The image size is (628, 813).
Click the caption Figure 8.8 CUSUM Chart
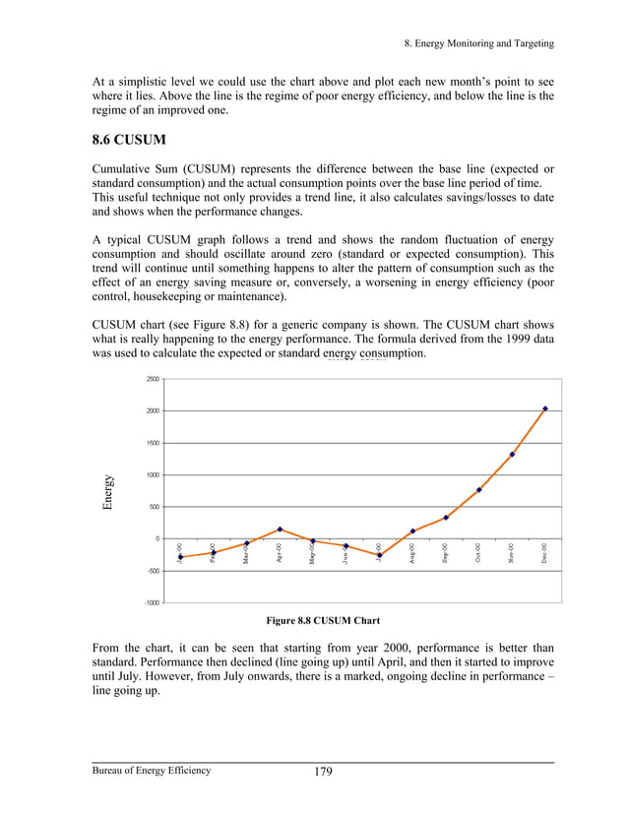click(323, 620)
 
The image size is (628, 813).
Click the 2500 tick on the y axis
click(153, 379)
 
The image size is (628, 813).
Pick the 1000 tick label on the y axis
click(153, 474)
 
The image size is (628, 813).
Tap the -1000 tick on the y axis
click(152, 602)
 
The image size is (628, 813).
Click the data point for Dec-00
click(545, 408)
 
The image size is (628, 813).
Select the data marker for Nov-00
click(512, 455)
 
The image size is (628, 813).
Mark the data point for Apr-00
click(280, 530)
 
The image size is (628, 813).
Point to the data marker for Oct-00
click(478, 490)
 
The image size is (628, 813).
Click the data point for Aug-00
click(412, 532)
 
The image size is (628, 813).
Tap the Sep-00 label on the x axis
click(446, 553)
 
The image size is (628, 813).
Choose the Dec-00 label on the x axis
click(545, 553)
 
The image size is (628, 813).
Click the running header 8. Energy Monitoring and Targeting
click(479, 43)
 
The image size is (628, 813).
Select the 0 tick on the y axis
click(156, 538)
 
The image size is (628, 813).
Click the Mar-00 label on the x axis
click(246, 555)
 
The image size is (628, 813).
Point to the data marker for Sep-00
click(446, 518)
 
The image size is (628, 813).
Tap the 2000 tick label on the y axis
click(153, 410)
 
